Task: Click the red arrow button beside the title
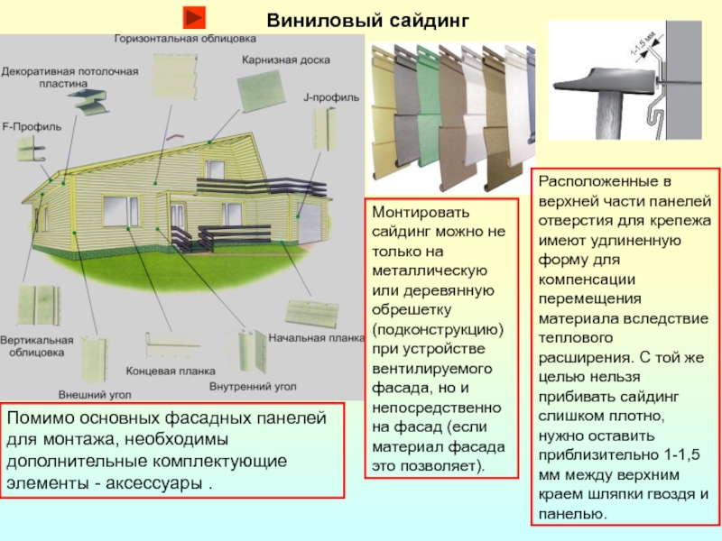[194, 17]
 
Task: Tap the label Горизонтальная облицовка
[185, 40]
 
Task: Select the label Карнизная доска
[285, 60]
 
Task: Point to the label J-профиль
[331, 96]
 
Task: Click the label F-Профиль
[32, 127]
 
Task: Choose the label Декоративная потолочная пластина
[69, 75]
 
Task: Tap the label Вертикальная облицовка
[36, 346]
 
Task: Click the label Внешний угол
[96, 395]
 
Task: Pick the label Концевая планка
[171, 370]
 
